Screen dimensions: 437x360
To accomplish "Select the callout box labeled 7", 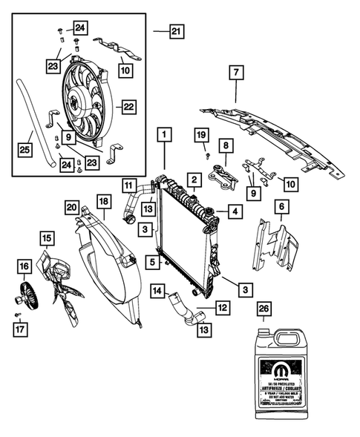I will [x=235, y=74].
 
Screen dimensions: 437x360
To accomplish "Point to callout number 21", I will [x=176, y=31].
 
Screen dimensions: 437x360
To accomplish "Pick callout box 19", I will [x=200, y=134].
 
